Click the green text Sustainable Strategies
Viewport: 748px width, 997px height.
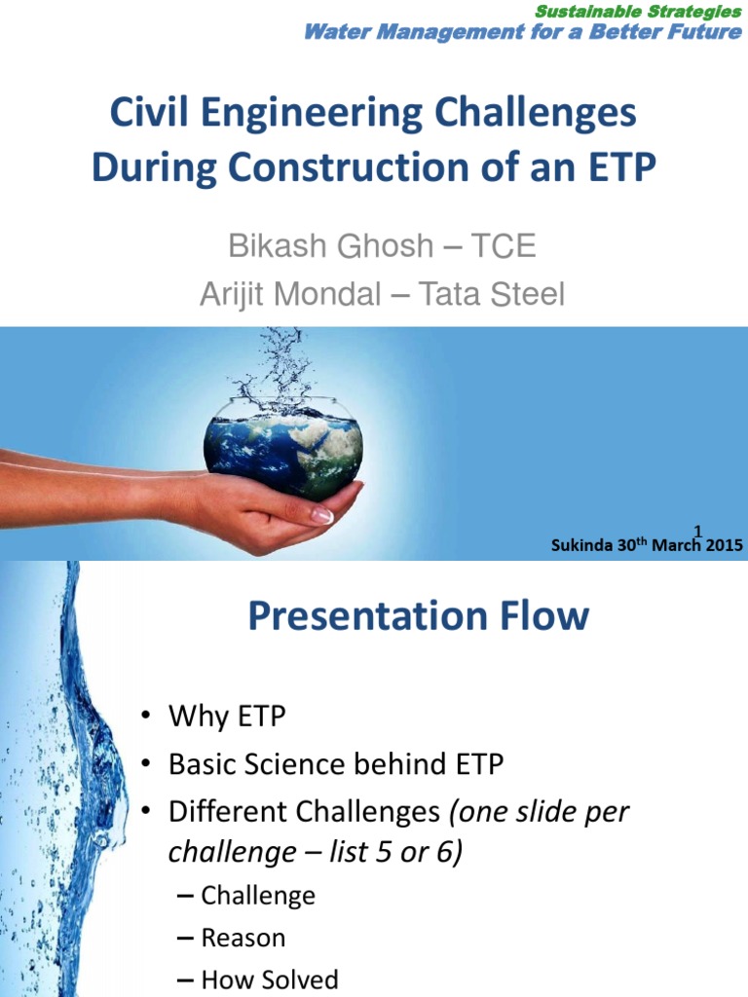pos(638,12)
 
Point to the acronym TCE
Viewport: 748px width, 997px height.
pos(504,245)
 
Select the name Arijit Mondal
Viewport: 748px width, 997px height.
pos(289,294)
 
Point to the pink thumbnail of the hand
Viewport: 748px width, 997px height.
pos(320,516)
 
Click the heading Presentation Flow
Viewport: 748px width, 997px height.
pos(419,616)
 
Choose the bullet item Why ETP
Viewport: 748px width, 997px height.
pos(227,717)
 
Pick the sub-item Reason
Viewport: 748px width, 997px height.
pos(243,938)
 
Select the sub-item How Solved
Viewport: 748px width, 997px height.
pos(269,979)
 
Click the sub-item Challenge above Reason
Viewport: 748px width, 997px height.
pos(257,895)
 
